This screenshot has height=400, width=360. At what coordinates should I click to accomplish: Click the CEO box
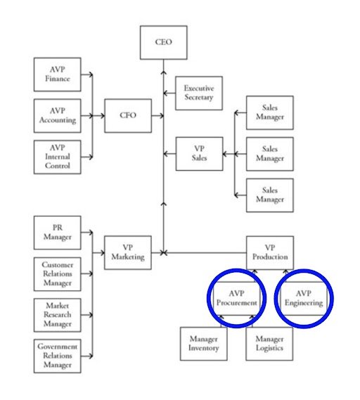163,42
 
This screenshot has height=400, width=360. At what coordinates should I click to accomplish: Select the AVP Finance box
58,75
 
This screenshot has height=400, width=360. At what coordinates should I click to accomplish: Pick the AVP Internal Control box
58,157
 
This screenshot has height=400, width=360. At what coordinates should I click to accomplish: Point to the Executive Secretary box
198,93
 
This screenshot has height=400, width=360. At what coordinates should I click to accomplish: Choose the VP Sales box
198,154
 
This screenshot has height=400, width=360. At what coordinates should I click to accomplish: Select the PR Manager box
58,233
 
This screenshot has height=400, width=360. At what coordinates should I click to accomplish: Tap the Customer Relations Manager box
58,274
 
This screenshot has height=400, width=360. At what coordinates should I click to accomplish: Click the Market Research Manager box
58,315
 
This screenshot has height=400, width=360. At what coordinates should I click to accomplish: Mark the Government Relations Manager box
58,356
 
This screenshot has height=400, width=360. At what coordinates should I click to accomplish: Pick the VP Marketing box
128,253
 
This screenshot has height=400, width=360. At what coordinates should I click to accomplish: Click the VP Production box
269,253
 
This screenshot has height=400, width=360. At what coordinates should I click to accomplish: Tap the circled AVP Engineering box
303,298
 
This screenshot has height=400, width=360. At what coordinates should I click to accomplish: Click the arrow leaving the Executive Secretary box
168,93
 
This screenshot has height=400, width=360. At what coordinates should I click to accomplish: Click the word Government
58,347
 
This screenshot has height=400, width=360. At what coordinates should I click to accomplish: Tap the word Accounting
58,120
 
